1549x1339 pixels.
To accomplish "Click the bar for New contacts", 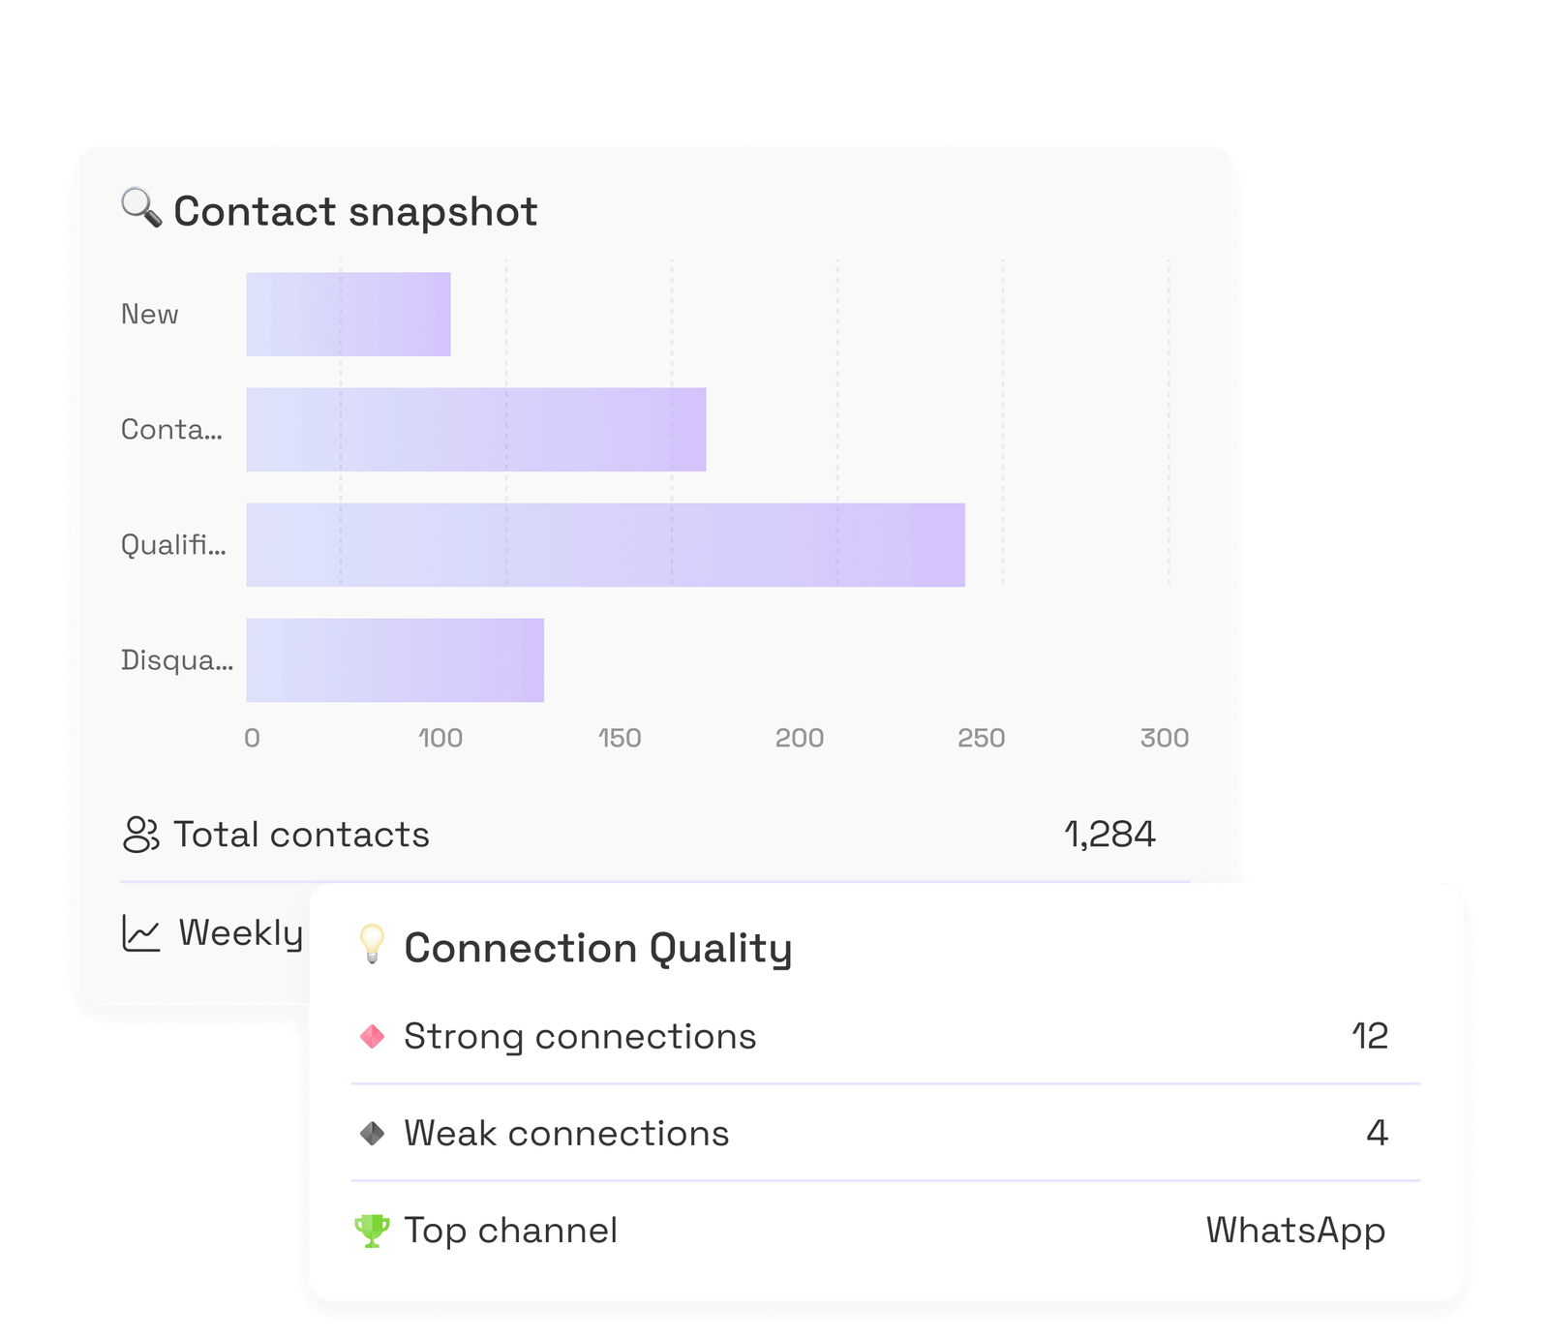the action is [349, 314].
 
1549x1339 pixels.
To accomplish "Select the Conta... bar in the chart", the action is [476, 430].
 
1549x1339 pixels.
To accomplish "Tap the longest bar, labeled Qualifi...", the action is [605, 545].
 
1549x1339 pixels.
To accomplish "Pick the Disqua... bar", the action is [395, 660].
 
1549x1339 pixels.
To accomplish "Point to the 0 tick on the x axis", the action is [252, 738].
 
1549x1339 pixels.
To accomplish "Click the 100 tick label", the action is [440, 738].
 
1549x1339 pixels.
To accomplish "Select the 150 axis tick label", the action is [620, 738].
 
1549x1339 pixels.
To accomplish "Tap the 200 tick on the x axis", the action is [800, 738].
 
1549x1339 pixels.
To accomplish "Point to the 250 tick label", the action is [982, 738].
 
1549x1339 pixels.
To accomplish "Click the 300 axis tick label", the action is [1165, 738].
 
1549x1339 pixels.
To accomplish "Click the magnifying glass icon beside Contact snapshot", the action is [141, 208].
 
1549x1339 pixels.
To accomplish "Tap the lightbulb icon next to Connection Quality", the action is [372, 944].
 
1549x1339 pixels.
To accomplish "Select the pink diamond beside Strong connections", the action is [372, 1037].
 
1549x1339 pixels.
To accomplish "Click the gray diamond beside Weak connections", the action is [372, 1133].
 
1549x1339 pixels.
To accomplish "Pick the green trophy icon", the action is [372, 1231].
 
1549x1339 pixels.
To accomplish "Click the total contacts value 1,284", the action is [1109, 835].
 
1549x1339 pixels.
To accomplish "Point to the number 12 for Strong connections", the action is [1370, 1036].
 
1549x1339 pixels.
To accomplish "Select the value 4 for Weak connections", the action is [1378, 1133].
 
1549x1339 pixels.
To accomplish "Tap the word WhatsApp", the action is [1296, 1232].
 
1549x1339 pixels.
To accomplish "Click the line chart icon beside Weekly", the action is [141, 932].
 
